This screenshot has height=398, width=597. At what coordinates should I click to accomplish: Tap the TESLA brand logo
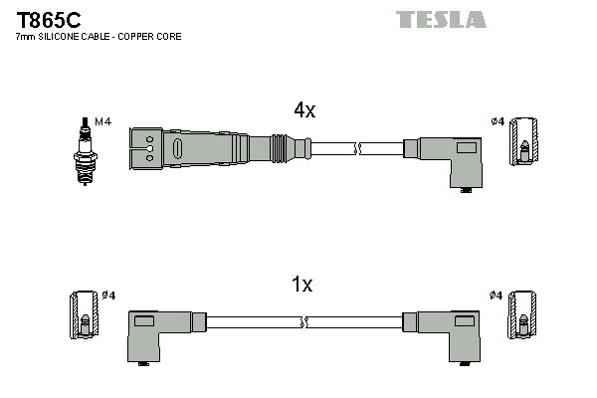click(x=441, y=19)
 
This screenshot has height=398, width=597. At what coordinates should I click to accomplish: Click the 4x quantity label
click(x=304, y=111)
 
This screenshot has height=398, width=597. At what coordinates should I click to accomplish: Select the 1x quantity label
click(x=301, y=285)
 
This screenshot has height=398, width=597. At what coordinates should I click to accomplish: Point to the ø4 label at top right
click(x=497, y=121)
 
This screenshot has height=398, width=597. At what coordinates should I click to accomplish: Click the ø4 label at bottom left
click(x=109, y=296)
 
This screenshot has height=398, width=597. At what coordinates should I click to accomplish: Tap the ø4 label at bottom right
click(x=497, y=296)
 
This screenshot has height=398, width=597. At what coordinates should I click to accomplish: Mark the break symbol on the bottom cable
click(x=305, y=322)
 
